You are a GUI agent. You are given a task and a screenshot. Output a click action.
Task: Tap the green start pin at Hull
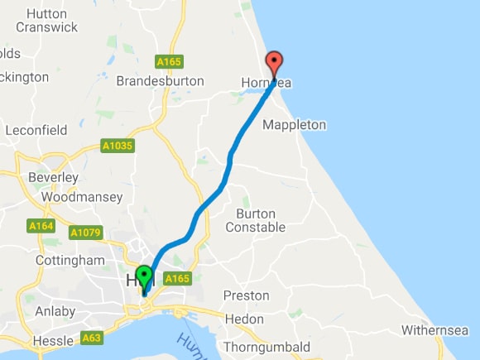pyautogui.click(x=144, y=276)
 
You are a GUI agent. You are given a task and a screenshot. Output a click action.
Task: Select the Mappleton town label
pyautogui.click(x=294, y=125)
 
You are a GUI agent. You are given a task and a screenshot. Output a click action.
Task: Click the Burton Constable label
pyautogui.click(x=255, y=220)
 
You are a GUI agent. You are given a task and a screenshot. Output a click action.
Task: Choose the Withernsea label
pyautogui.click(x=436, y=330)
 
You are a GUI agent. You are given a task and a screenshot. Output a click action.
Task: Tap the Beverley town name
pyautogui.click(x=53, y=178)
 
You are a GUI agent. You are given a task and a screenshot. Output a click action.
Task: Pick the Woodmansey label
pyautogui.click(x=81, y=197)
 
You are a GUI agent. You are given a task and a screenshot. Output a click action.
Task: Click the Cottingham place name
pyautogui.click(x=70, y=261)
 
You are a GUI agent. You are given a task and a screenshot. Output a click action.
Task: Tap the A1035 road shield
pyautogui.click(x=117, y=146)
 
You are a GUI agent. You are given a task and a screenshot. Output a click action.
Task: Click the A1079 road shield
pyautogui.click(x=85, y=233)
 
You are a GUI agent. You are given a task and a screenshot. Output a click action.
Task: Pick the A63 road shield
pyautogui.click(x=92, y=338)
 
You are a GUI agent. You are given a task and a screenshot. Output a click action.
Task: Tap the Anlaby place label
pyautogui.click(x=55, y=312)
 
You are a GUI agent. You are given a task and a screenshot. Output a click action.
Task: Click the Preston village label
pyautogui.click(x=246, y=295)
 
